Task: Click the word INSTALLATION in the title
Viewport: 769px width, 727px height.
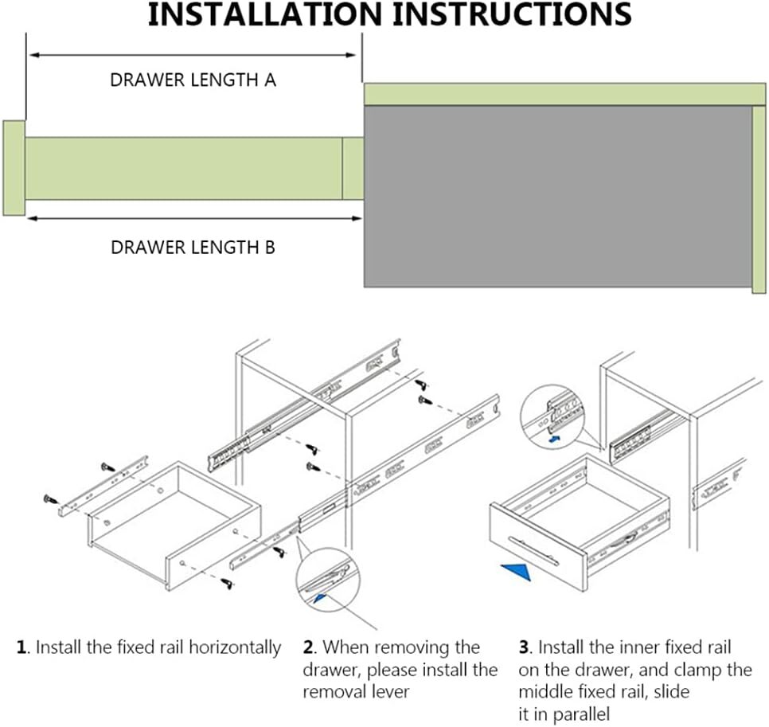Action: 264,14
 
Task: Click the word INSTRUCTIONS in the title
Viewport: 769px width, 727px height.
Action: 512,14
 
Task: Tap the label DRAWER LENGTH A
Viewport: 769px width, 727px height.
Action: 193,80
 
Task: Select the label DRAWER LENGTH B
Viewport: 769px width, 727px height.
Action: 193,247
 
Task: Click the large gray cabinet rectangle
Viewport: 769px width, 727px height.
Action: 557,196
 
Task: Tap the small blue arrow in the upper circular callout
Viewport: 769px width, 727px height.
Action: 554,438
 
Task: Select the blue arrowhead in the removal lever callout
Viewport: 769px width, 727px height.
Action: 320,597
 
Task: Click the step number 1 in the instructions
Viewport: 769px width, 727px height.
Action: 21,647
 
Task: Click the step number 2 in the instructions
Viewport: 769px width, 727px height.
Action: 307,647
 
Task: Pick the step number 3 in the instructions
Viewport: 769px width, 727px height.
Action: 523,647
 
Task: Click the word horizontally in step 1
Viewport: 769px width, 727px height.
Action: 234,647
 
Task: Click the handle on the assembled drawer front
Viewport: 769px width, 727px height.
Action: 533,550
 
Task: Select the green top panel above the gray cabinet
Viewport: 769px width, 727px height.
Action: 564,94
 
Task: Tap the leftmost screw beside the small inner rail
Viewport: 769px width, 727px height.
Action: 50,499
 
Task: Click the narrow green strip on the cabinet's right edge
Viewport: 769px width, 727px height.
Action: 759,199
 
